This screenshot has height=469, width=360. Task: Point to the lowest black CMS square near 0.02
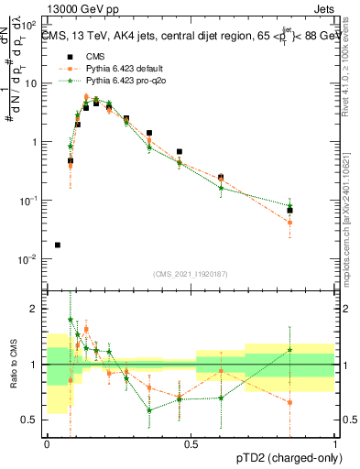pos(58,245)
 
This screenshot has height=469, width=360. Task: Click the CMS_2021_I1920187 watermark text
pos(191,274)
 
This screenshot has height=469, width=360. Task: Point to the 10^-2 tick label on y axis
pos(30,259)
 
